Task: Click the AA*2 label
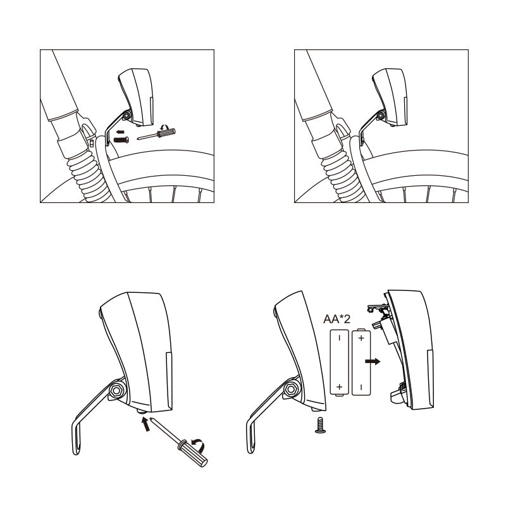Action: (x=338, y=319)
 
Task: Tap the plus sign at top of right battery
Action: (x=361, y=338)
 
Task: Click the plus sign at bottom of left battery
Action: (x=340, y=386)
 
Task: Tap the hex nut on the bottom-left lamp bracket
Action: (x=118, y=390)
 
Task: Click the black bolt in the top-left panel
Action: (x=121, y=139)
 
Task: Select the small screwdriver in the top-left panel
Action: (x=157, y=133)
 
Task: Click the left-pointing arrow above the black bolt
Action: (x=120, y=131)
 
